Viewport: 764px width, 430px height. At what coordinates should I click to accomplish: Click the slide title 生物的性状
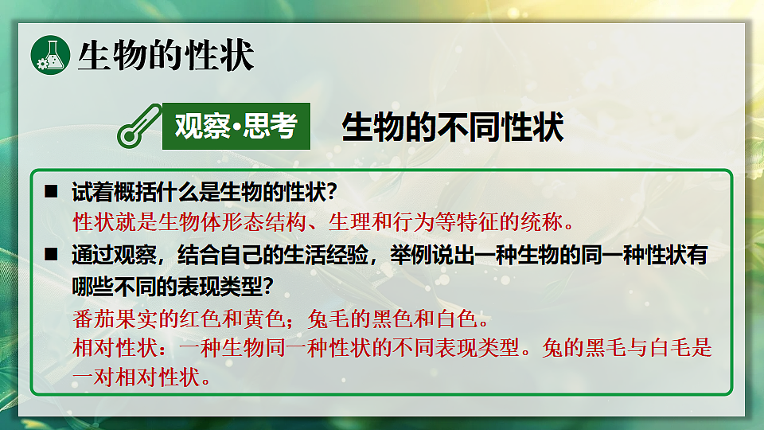(166, 56)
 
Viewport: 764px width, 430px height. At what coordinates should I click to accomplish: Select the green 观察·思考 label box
(236, 127)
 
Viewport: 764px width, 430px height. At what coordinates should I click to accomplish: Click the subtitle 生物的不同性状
(453, 127)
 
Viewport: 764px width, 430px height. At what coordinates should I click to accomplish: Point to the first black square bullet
(52, 192)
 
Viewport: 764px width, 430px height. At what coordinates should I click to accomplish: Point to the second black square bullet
(52, 254)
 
